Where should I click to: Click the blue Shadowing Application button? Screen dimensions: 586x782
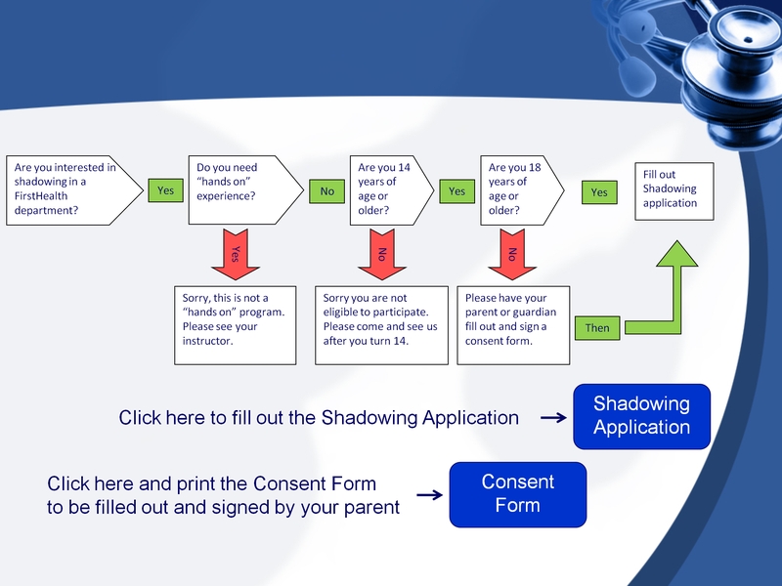(x=641, y=416)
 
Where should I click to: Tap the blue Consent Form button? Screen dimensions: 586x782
(x=517, y=494)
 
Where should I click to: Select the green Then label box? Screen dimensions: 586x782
(x=597, y=328)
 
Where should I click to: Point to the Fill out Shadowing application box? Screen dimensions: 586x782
(x=675, y=189)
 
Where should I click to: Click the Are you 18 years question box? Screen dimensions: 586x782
(x=519, y=190)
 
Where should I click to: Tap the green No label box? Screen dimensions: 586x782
(x=326, y=191)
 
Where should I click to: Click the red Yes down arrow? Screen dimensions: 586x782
(x=235, y=255)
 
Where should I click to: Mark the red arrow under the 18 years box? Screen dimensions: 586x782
(x=510, y=255)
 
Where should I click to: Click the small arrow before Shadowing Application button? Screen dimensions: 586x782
(x=553, y=418)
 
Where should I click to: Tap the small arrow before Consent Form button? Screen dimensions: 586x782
(x=428, y=495)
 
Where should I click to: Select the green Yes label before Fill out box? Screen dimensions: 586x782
(x=599, y=193)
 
